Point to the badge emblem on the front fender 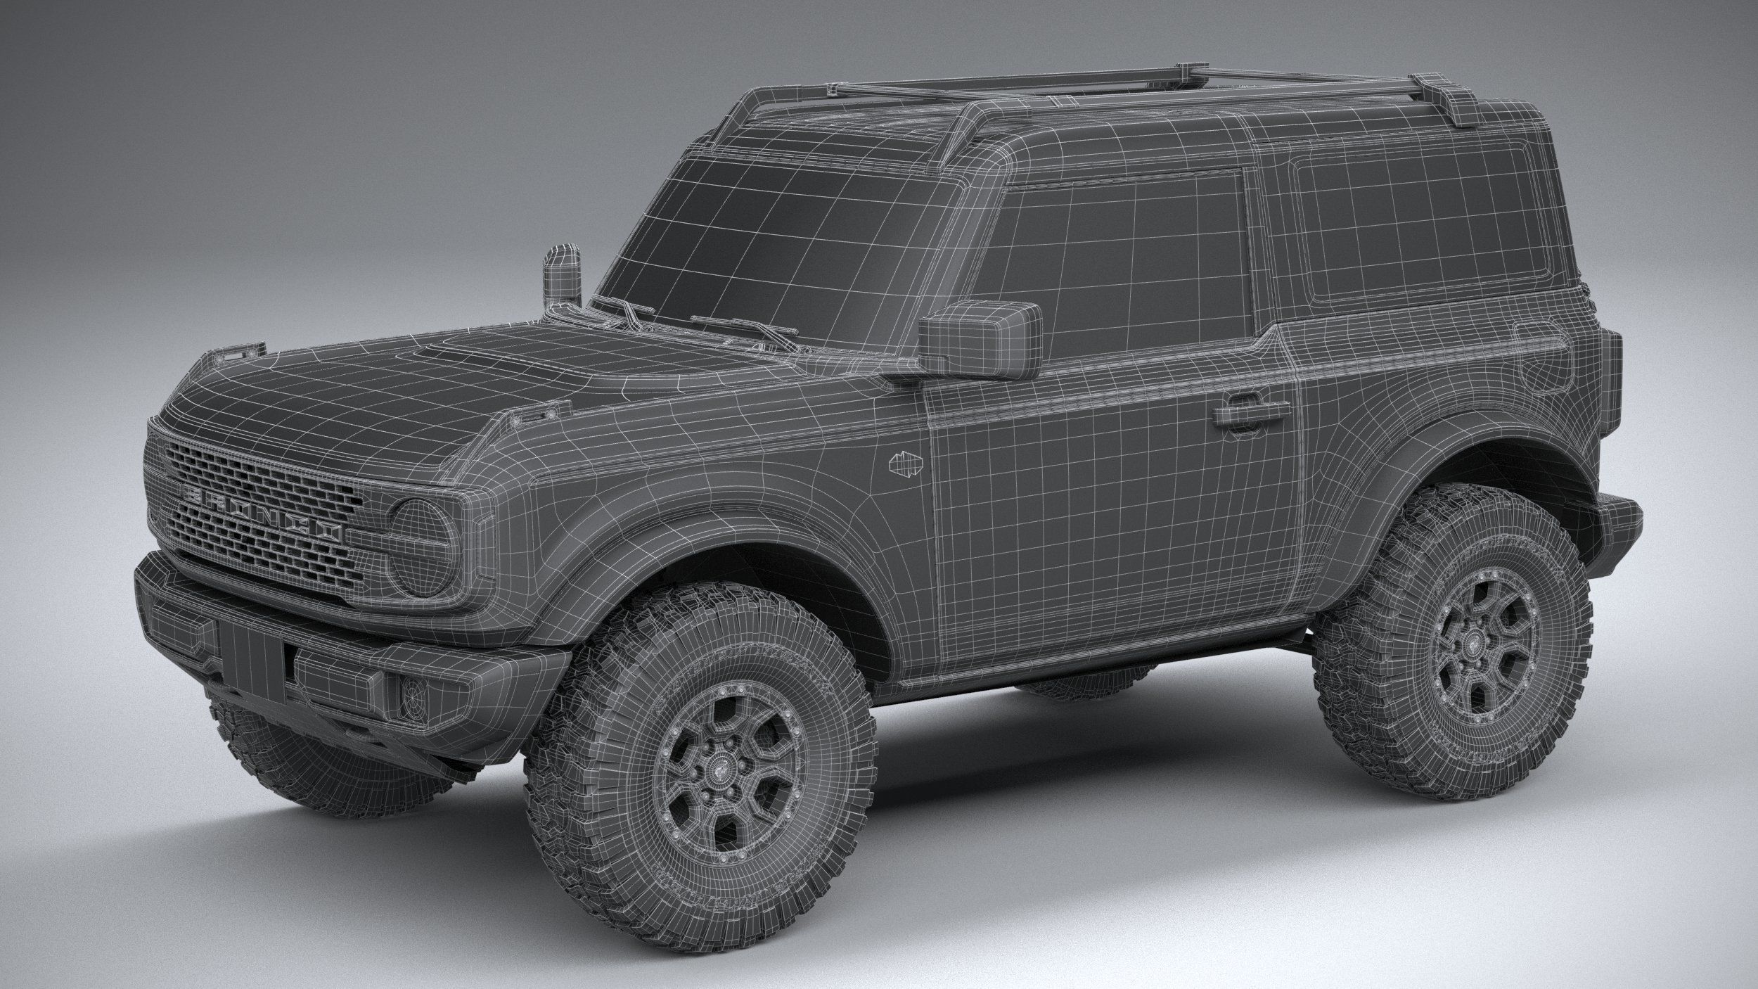tap(906, 464)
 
